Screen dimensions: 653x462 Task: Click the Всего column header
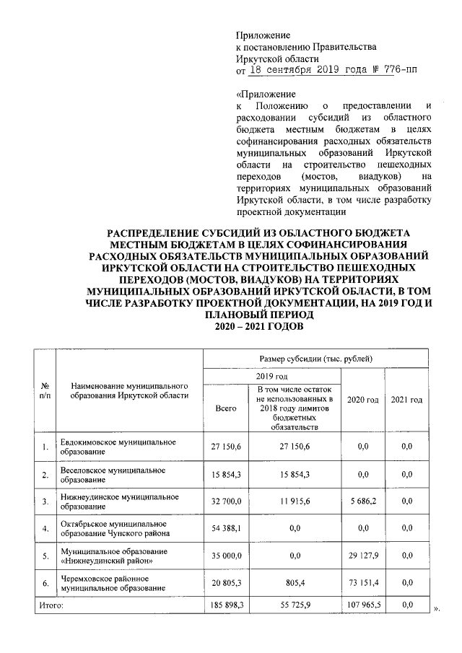226,408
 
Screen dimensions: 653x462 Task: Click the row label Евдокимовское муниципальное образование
118,447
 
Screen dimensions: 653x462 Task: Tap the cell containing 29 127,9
362,556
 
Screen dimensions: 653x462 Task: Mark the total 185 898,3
225,606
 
